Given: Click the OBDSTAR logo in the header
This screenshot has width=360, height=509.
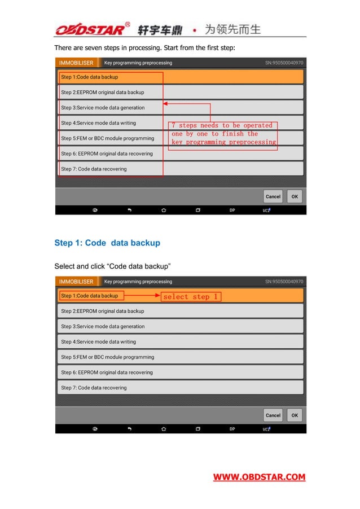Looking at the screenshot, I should tap(93, 29).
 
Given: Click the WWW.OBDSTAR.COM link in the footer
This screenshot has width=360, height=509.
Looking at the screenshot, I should tap(259, 477).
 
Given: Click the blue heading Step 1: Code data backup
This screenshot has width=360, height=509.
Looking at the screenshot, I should tap(107, 243).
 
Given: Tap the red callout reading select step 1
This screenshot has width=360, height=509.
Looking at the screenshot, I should tap(191, 296).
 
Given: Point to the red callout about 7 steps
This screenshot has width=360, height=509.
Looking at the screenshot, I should tap(224, 134).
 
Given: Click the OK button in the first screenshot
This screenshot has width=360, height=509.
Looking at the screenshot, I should tap(295, 196).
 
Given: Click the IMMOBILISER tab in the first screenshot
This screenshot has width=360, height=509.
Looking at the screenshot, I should tap(77, 63).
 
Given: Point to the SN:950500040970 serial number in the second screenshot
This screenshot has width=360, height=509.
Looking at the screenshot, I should tap(284, 282).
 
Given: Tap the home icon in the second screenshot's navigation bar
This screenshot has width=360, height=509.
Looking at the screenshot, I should tap(164, 429).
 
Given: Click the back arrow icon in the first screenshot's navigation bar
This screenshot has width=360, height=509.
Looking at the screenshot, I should tap(129, 210).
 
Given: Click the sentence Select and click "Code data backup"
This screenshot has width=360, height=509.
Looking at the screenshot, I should tap(112, 266).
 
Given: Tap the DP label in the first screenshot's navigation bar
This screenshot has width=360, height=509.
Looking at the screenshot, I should tap(232, 210).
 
